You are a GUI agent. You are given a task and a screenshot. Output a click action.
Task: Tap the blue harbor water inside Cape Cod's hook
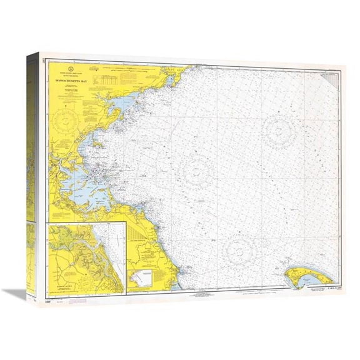click(301, 281)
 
